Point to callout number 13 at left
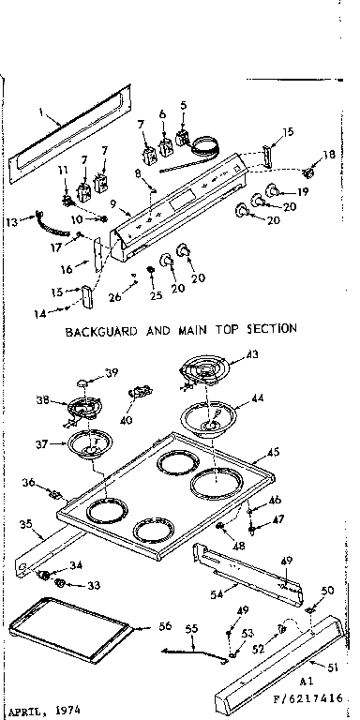click(11, 222)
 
